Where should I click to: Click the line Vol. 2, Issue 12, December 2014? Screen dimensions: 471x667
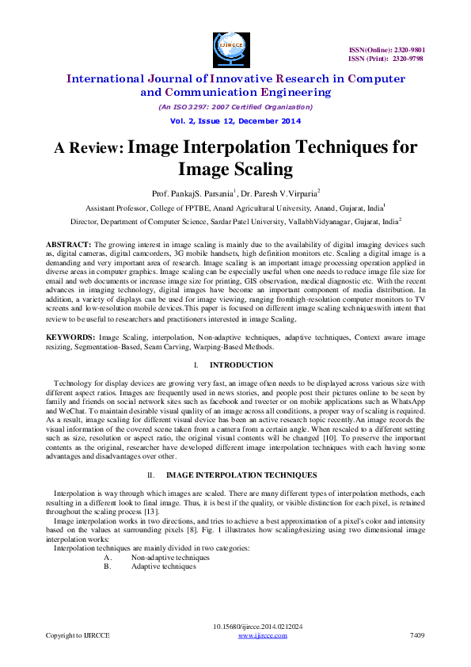(235, 120)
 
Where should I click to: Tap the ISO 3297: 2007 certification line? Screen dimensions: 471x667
(235, 106)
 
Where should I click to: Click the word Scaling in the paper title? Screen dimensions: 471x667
(249, 169)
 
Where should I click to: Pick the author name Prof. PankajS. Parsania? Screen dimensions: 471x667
(184, 192)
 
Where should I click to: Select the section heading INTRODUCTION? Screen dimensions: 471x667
(241, 365)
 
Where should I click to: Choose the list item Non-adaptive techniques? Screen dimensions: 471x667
(165, 558)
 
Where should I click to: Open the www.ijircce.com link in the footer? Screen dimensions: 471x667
(262, 635)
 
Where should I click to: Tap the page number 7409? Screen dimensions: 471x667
(416, 635)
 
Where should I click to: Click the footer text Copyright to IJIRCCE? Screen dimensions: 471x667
(78, 635)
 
